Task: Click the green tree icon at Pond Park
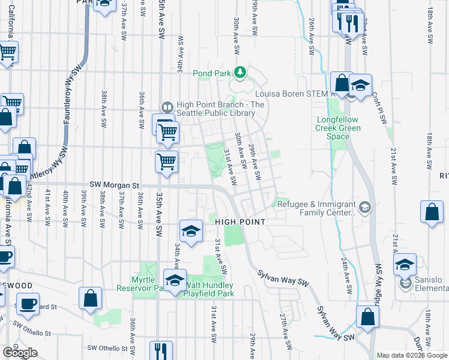241,73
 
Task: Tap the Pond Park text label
211,73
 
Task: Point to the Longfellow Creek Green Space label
339,128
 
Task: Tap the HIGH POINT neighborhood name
240,222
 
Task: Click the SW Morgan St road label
114,185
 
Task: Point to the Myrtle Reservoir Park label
148,284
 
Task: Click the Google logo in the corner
20,353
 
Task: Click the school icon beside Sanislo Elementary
405,264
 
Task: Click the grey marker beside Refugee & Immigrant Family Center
367,208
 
